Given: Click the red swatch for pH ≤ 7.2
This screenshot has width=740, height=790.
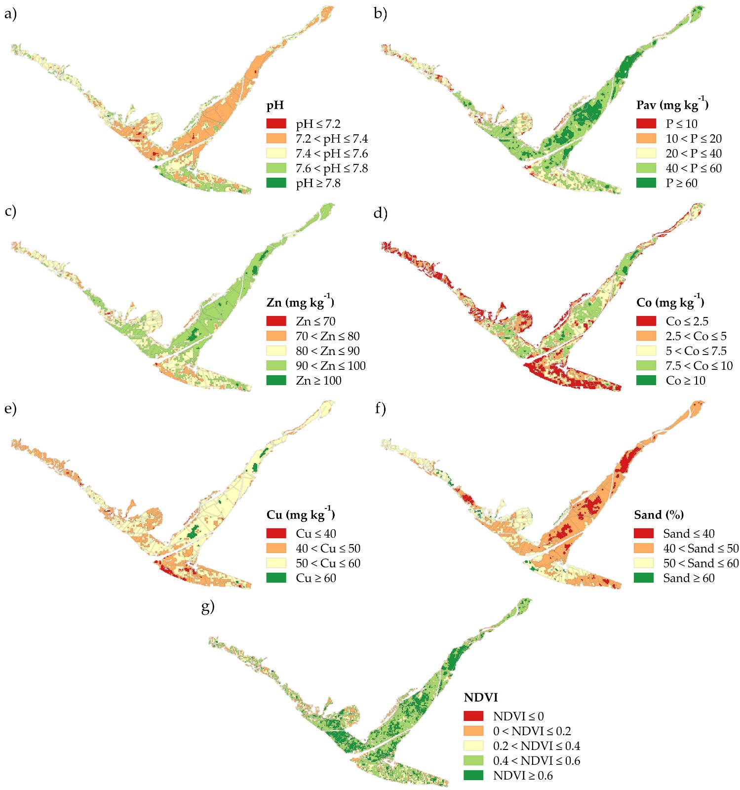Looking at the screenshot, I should [x=276, y=123].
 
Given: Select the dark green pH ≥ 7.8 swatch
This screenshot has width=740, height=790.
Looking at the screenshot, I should [x=276, y=183].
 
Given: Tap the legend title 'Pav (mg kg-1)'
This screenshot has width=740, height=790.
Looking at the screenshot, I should [x=672, y=105].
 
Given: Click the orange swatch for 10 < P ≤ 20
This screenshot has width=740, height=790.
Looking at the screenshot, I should [x=646, y=138].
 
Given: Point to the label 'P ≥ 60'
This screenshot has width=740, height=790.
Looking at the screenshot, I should [x=681, y=183].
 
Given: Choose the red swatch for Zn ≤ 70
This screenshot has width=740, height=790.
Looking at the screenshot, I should [x=276, y=321].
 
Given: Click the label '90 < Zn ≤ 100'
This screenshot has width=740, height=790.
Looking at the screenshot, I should [x=331, y=366].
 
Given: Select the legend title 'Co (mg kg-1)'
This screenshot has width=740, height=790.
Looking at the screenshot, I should [x=670, y=302].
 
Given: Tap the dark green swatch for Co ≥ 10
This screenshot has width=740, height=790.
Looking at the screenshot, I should [x=646, y=380].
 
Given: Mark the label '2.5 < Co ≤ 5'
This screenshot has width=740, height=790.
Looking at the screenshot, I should [x=696, y=336].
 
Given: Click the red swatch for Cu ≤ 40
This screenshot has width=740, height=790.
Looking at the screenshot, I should [x=276, y=533].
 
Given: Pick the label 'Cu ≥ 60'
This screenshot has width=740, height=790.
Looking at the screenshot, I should [x=316, y=578].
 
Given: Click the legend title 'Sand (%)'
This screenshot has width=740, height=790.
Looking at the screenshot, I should [x=659, y=515].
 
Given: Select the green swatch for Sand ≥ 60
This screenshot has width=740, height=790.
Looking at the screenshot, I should [x=643, y=578].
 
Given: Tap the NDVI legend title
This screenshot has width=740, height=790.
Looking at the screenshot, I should [x=480, y=698].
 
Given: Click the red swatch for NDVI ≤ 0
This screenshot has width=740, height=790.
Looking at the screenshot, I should [x=473, y=716].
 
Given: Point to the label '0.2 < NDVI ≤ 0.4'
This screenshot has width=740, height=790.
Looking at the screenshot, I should [x=537, y=746].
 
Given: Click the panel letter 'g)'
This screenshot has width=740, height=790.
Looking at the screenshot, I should [x=208, y=606].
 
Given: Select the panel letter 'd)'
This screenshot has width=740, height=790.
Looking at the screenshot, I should [x=380, y=213].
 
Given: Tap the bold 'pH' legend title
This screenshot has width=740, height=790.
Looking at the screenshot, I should [x=275, y=105].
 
